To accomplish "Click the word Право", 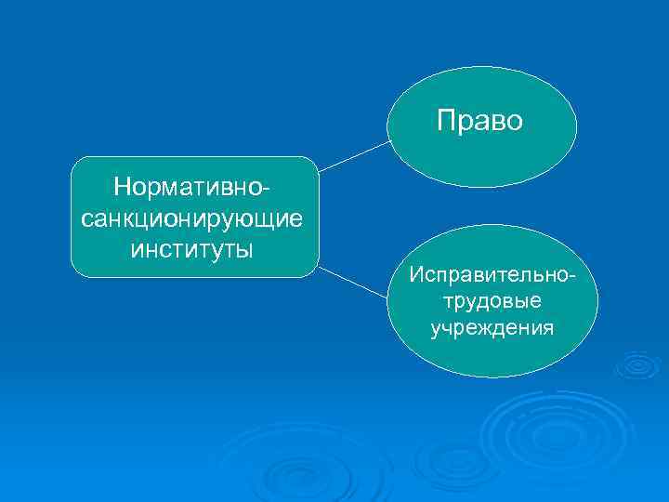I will tap(480, 121).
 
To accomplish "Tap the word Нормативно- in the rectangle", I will tap(194, 187).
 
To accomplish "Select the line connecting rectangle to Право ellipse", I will tap(353, 156).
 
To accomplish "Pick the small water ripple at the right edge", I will tap(638, 365).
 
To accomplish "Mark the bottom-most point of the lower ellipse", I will tap(481, 376).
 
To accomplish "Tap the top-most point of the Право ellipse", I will tap(481, 67).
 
